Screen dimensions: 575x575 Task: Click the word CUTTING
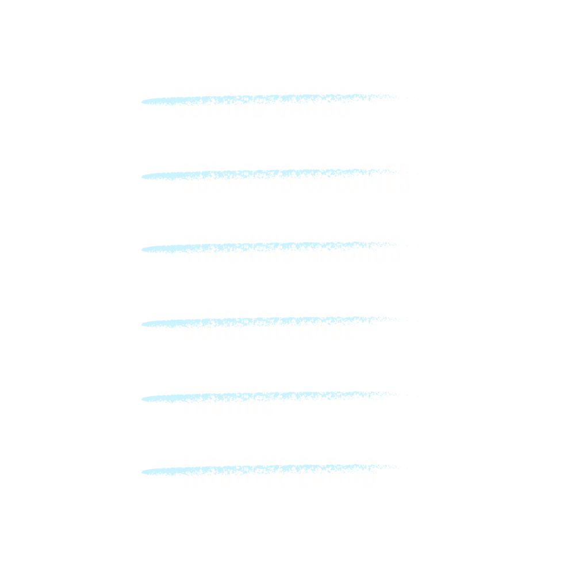218,103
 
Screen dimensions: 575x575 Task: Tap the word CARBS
311,103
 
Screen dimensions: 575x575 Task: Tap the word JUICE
215,324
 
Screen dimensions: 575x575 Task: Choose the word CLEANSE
306,324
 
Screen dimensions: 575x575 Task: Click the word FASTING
228,401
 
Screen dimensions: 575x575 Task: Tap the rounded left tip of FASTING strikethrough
144,398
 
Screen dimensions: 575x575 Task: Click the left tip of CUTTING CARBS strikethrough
144,102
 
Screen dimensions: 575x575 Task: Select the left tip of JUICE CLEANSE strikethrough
144,324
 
